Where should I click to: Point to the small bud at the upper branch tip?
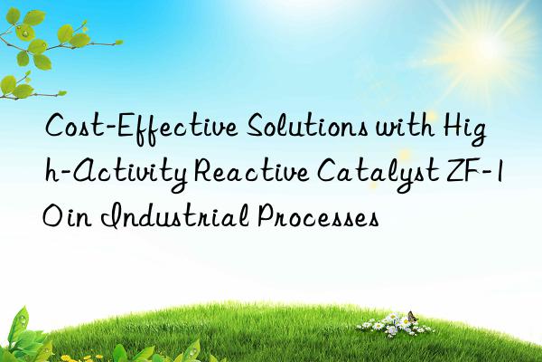tap(120, 41)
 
